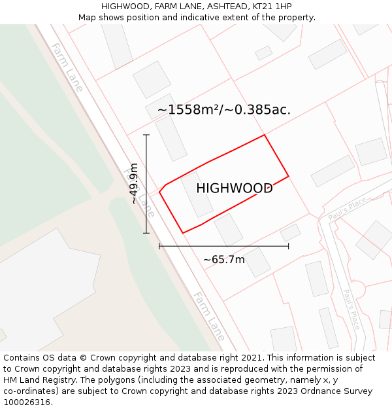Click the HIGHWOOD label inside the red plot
pyautogui.click(x=234, y=188)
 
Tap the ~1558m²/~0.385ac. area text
pyautogui.click(x=223, y=110)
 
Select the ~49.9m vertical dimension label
pyautogui.click(x=134, y=184)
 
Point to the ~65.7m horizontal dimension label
pyautogui.click(x=223, y=260)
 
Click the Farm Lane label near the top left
pyautogui.click(x=67, y=67)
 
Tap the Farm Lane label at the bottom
pyautogui.click(x=208, y=317)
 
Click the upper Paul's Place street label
pyautogui.click(x=347, y=209)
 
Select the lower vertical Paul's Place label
pyautogui.click(x=351, y=310)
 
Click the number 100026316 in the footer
pyautogui.click(x=26, y=402)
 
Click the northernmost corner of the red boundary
pyautogui.click(x=264, y=135)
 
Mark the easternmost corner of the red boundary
pyautogui.click(x=288, y=175)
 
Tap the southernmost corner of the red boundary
pyautogui.click(x=183, y=233)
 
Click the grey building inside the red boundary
pyautogui.click(x=197, y=194)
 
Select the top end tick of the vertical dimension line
pyautogui.click(x=146, y=135)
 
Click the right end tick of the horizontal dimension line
pyautogui.click(x=288, y=247)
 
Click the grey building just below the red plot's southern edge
pyautogui.click(x=229, y=230)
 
